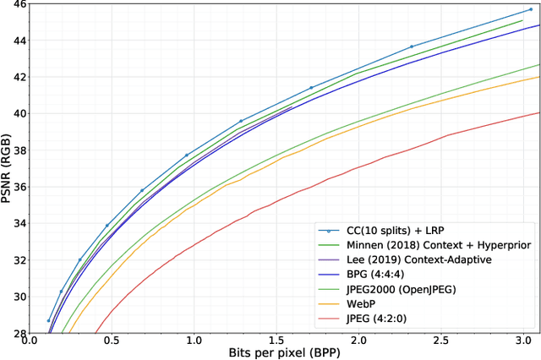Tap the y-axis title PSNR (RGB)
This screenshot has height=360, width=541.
(x=7, y=168)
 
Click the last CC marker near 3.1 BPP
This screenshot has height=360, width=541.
(x=531, y=9)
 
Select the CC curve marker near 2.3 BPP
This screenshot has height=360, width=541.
(x=412, y=46)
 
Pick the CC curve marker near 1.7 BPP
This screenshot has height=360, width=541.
(x=311, y=88)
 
